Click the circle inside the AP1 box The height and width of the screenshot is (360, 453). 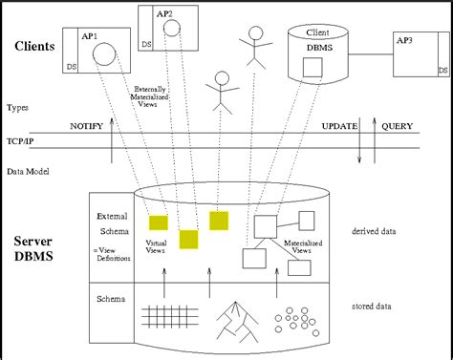tap(104, 55)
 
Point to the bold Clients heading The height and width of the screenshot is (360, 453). tap(34, 46)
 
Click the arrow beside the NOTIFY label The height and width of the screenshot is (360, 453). tap(113, 141)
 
